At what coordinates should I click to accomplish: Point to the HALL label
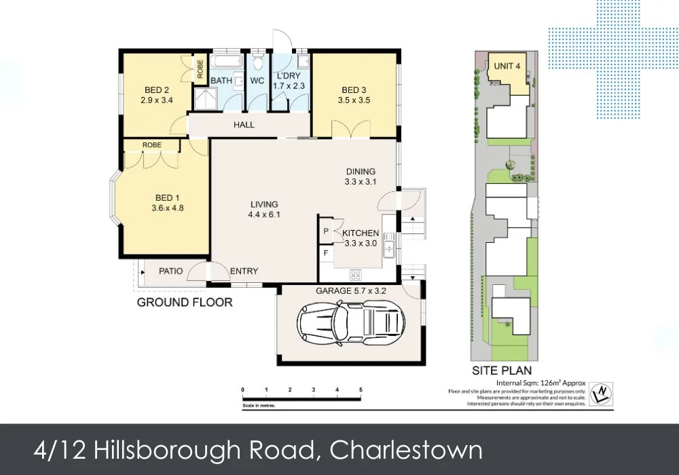[x=244, y=125]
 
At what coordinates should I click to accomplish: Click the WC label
[x=257, y=81]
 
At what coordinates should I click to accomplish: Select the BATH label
[x=221, y=81]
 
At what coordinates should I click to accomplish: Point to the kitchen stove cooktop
[x=355, y=275]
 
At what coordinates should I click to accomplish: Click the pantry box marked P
[x=326, y=231]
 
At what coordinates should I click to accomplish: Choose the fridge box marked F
[x=326, y=254]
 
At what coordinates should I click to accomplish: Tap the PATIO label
[x=170, y=271]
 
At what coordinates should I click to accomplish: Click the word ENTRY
[x=244, y=271]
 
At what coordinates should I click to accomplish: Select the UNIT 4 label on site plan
[x=507, y=66]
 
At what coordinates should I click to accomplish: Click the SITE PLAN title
[x=502, y=370]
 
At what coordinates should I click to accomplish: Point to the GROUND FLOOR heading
[x=184, y=302]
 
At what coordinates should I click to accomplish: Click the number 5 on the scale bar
[x=361, y=389]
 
